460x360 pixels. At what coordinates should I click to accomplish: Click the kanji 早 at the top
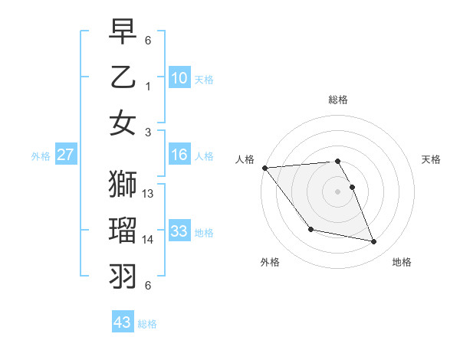(x=123, y=31)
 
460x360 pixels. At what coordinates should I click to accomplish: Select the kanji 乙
(x=123, y=77)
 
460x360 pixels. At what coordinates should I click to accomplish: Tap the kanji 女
(x=123, y=123)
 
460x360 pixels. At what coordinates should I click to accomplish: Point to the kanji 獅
(x=123, y=184)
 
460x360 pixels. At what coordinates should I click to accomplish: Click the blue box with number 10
(x=179, y=78)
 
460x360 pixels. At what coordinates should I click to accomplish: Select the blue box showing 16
(x=179, y=155)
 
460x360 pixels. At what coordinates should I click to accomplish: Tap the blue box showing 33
(x=179, y=231)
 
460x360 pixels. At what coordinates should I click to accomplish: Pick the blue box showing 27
(x=66, y=155)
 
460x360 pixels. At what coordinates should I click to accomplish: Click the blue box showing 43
(x=123, y=322)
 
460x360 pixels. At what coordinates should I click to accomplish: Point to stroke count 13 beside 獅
(x=149, y=194)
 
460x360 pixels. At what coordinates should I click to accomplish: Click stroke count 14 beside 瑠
(x=149, y=240)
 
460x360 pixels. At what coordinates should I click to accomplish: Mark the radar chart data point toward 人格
(x=264, y=168)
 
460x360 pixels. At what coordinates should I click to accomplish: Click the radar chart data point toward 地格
(x=374, y=242)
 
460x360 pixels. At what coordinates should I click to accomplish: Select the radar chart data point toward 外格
(x=310, y=230)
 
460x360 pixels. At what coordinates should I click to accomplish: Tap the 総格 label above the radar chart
(x=337, y=100)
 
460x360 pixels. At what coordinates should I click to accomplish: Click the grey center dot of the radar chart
(x=337, y=191)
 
